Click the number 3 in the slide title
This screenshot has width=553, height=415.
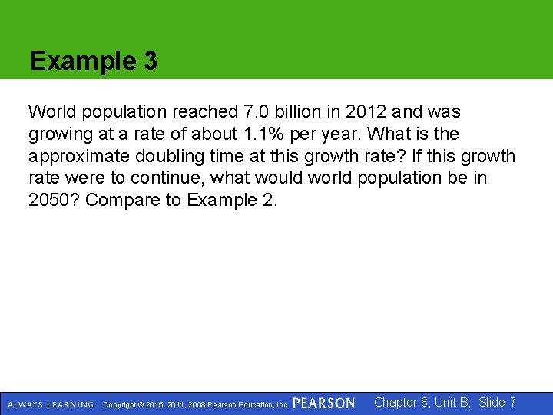pyautogui.click(x=149, y=61)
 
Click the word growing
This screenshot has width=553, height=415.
pyautogui.click(x=58, y=134)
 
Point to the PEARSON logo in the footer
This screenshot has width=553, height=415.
pyautogui.click(x=323, y=403)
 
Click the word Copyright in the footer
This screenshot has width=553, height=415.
pyautogui.click(x=121, y=404)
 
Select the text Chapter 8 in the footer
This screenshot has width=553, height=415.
pyautogui.click(x=402, y=402)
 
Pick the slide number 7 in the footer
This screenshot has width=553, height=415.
pyautogui.click(x=512, y=402)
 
